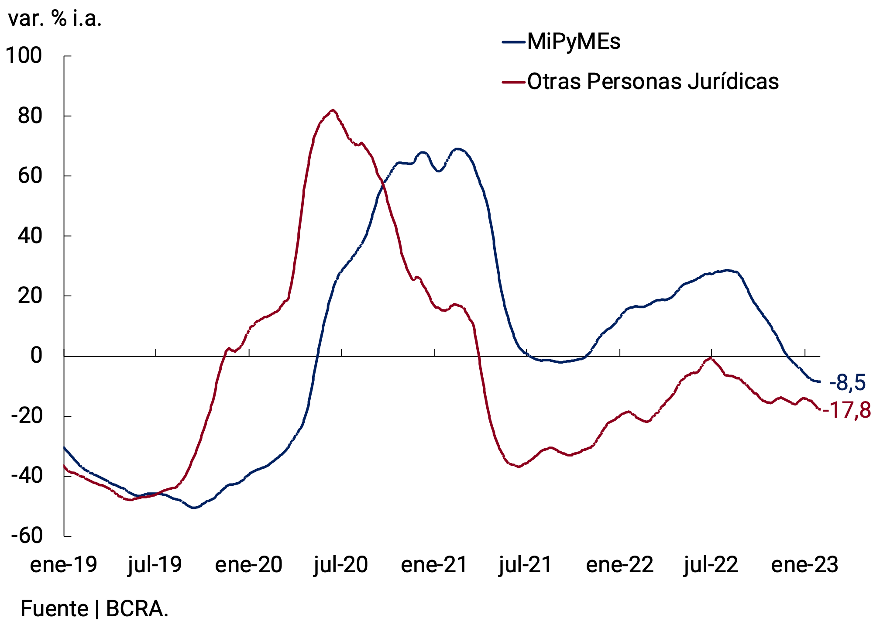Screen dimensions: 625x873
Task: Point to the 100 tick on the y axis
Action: pos(24,56)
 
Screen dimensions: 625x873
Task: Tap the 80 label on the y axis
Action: pos(30,116)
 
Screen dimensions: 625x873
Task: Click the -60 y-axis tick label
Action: pos(27,536)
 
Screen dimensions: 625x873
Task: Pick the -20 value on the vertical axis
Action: pos(27,416)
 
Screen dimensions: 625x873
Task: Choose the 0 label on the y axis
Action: pos(36,356)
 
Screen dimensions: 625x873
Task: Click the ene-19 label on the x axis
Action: pos(63,564)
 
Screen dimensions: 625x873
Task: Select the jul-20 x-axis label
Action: pos(340,564)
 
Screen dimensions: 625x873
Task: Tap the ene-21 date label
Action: pos(434,564)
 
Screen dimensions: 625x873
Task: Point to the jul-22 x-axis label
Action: pos(711,564)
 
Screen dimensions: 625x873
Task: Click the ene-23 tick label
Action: pos(804,564)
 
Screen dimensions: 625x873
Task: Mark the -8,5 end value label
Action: pos(847,383)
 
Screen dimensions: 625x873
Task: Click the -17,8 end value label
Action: pos(847,410)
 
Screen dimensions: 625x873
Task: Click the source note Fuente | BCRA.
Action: pos(94,608)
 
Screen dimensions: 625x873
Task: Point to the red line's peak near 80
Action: pos(333,110)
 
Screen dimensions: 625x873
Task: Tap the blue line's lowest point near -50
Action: pos(194,508)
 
